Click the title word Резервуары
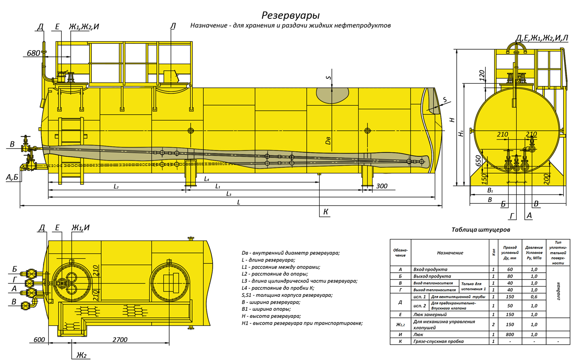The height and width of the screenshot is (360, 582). [x=291, y=16]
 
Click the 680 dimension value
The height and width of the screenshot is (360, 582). [x=34, y=53]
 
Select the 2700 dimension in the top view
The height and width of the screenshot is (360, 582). [x=120, y=339]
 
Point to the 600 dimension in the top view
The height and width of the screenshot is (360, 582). [x=39, y=339]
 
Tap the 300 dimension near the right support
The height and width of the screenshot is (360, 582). [x=382, y=186]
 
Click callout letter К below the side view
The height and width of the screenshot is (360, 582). [x=325, y=212]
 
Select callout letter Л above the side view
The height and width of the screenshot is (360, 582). [x=173, y=26]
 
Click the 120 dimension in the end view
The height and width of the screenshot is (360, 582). [x=482, y=75]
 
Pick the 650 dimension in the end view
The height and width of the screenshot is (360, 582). [x=478, y=161]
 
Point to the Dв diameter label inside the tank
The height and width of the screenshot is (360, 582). [x=328, y=141]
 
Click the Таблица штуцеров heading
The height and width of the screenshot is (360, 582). [x=481, y=230]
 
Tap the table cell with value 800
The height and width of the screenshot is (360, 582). [x=510, y=334]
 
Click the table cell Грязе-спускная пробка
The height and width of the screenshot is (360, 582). [x=438, y=341]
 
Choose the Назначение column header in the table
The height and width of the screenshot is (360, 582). [x=450, y=253]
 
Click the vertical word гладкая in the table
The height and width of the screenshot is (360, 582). [x=558, y=291]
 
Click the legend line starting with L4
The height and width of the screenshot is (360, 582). [x=278, y=288]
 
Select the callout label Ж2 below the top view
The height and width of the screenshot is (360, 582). [x=81, y=355]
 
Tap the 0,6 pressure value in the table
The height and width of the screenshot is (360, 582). [x=534, y=296]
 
